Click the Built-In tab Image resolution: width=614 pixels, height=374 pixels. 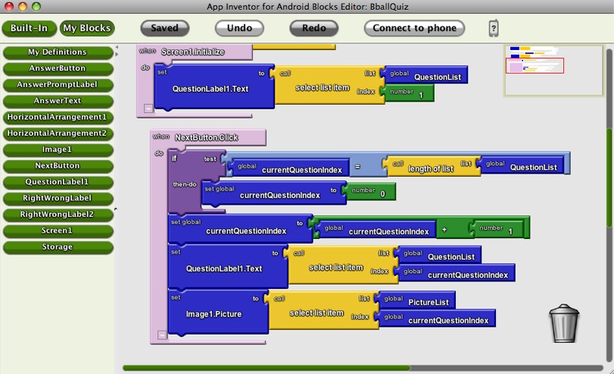click(x=29, y=28)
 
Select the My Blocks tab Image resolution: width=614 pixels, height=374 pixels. click(x=86, y=28)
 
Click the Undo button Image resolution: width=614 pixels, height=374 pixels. click(x=244, y=28)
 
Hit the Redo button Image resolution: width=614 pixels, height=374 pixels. click(x=313, y=28)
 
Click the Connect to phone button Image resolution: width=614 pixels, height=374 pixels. click(x=414, y=28)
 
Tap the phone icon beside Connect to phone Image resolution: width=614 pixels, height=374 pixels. click(x=494, y=29)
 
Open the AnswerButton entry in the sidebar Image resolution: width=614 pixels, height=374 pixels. click(x=58, y=68)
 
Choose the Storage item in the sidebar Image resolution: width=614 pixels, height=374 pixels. click(x=58, y=247)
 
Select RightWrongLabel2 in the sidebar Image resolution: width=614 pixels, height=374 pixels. click(x=58, y=214)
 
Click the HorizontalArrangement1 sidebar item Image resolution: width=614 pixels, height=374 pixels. click(x=58, y=117)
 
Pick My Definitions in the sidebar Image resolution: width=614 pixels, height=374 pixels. click(x=58, y=52)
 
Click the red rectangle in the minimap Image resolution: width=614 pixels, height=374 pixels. click(x=534, y=65)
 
